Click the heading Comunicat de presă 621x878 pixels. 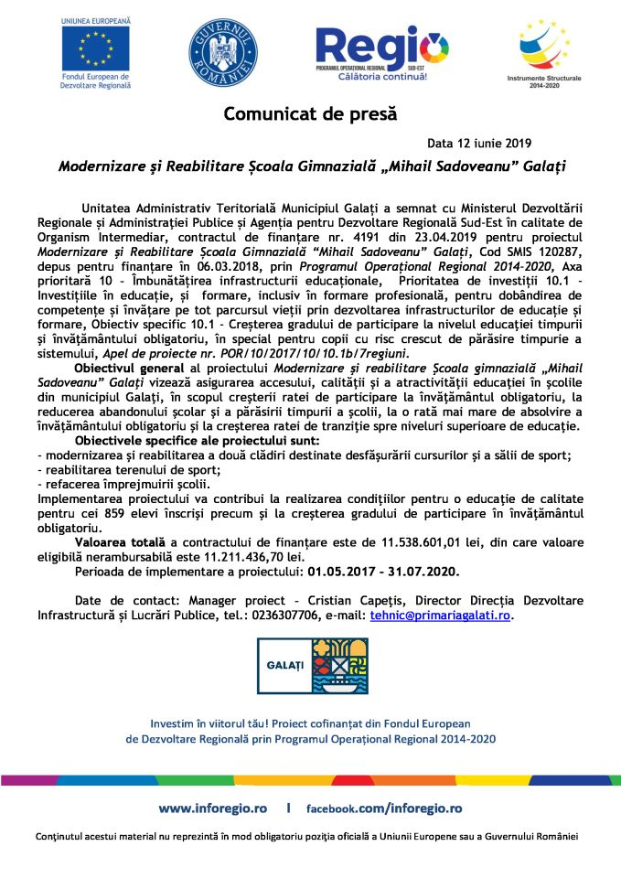tap(311, 114)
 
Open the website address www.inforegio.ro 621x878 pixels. tap(213, 808)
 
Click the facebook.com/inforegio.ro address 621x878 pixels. tap(383, 808)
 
